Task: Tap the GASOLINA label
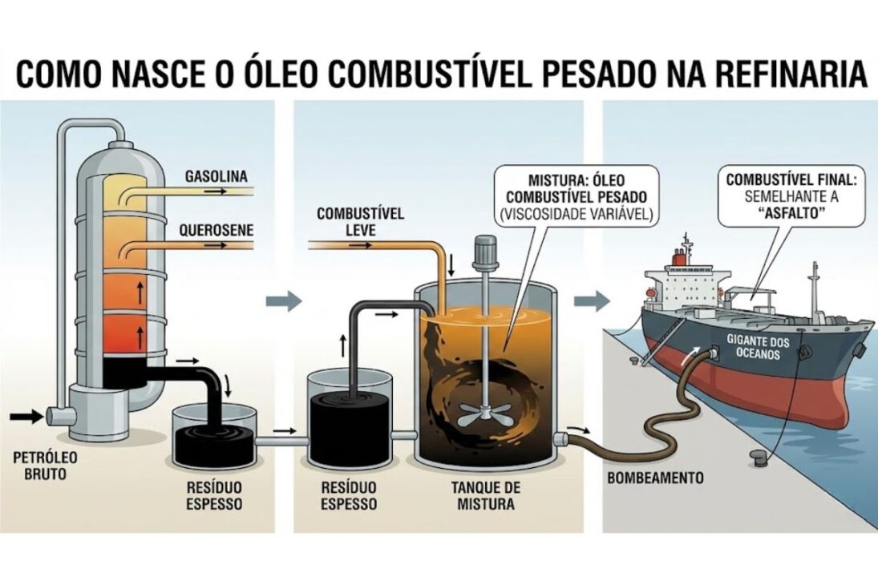(x=216, y=175)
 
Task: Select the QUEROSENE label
(x=216, y=230)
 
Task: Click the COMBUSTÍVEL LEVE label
(x=360, y=222)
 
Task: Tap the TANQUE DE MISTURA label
(x=485, y=496)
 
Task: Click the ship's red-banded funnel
(x=679, y=256)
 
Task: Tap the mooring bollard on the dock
(x=758, y=457)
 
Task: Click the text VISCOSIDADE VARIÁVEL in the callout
(x=577, y=213)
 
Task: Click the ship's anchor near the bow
(x=859, y=350)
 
